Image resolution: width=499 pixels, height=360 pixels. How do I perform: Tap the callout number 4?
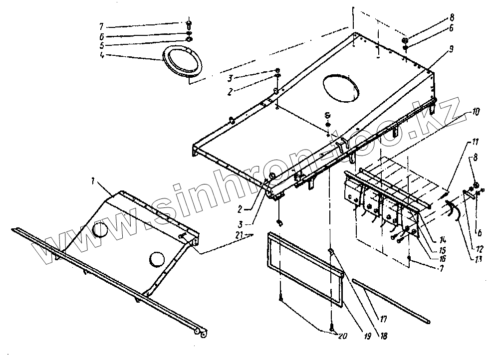[x=102, y=56]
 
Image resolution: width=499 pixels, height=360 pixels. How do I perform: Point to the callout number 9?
[x=451, y=49]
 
